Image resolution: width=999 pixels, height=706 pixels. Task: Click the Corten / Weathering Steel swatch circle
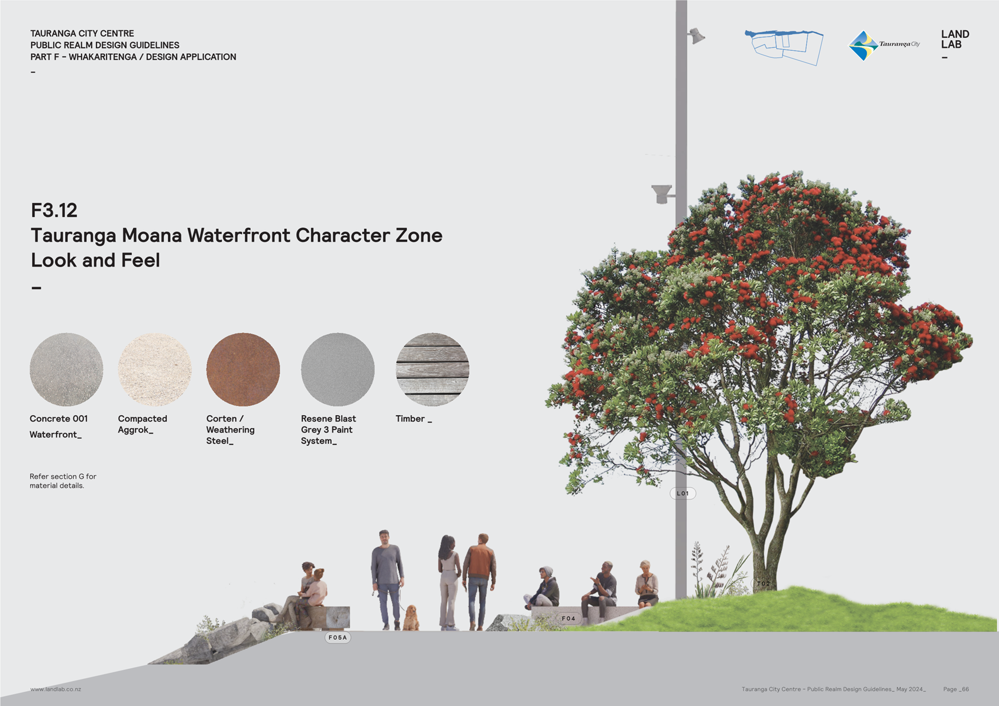pos(243,369)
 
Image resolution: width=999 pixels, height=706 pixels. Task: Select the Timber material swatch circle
pos(432,369)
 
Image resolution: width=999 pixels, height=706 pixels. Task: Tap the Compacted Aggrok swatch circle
pos(155,369)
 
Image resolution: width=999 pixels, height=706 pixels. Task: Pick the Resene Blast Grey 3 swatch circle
pos(338,369)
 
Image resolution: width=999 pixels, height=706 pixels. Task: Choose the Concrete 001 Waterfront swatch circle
pos(66,369)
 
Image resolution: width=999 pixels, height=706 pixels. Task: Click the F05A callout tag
pos(338,637)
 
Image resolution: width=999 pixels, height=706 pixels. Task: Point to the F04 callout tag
pos(568,618)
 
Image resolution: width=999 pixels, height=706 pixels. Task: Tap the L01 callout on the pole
pos(683,493)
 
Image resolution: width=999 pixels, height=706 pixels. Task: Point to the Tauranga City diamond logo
pos(864,45)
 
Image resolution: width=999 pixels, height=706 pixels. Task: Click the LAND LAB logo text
pos(955,39)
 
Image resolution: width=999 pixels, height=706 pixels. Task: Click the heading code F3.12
pos(54,210)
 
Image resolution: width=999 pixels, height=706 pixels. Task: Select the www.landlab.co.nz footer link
pos(56,689)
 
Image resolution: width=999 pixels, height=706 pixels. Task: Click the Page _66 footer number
pos(956,689)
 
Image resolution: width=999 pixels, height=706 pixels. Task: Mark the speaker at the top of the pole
pos(696,35)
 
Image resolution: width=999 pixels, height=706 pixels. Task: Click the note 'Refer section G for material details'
pos(63,481)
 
